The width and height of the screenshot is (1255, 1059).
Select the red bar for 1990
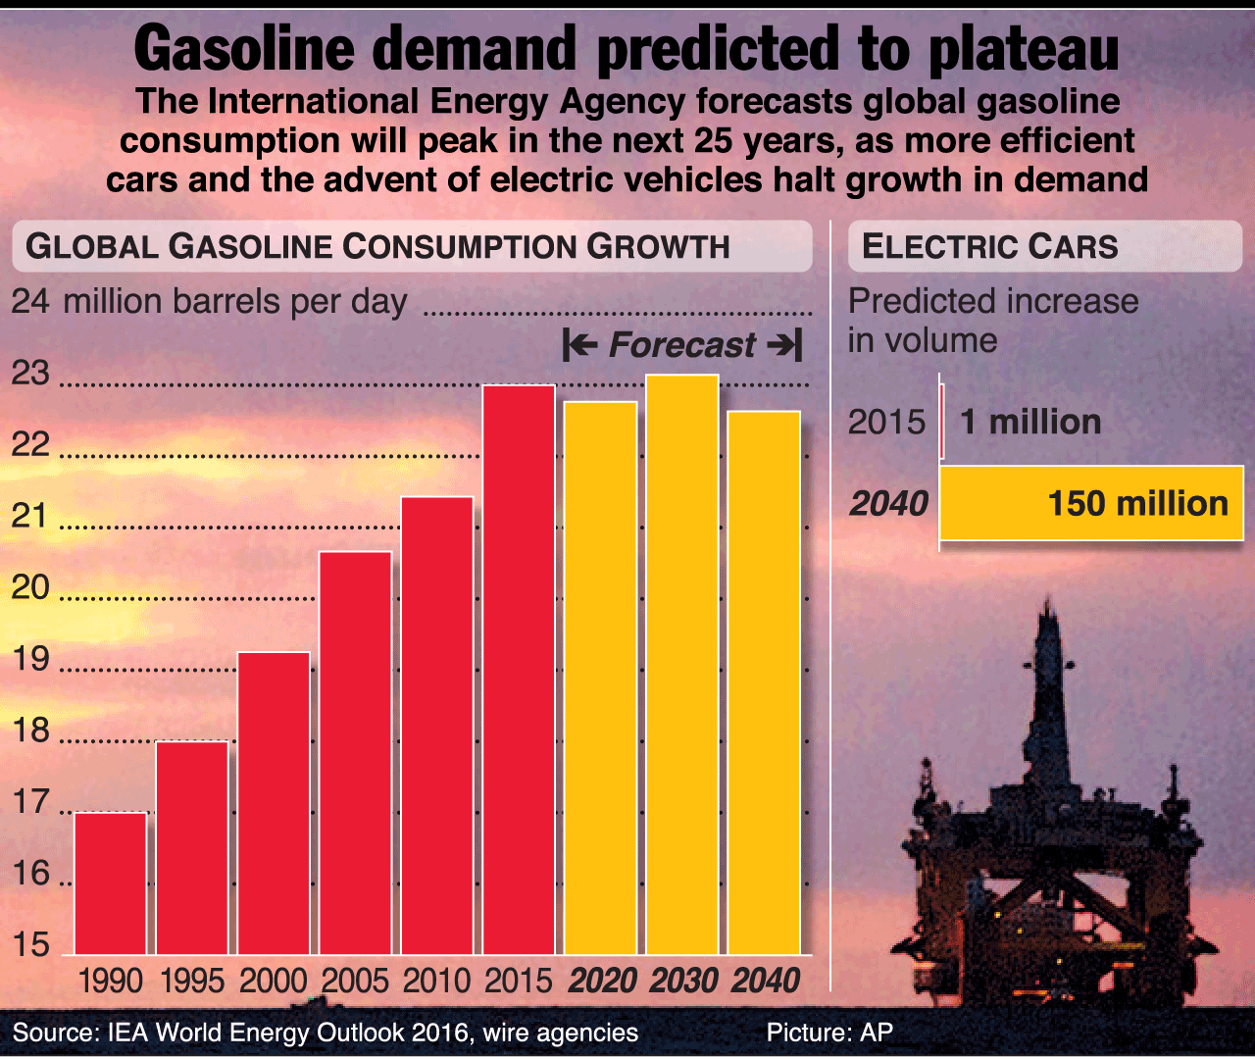[x=111, y=882]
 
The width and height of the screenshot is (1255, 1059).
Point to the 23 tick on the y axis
[x=30, y=374]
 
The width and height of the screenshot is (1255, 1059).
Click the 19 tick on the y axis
[x=30, y=659]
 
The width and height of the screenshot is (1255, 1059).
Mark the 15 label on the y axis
[x=30, y=944]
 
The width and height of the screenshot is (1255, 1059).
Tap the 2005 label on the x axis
[x=355, y=981]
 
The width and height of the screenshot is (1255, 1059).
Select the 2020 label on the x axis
[x=602, y=981]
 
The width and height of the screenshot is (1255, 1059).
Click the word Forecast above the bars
[x=681, y=345]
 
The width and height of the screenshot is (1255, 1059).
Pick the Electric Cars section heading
[x=989, y=246]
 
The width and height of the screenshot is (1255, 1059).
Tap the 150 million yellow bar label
[x=1137, y=503]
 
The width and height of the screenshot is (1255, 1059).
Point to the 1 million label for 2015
[x=1030, y=422]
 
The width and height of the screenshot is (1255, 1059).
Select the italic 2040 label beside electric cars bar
[x=888, y=503]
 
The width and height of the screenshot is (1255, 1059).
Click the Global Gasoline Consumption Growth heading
[x=377, y=246]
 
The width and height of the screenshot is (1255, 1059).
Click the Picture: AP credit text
[x=829, y=1033]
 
